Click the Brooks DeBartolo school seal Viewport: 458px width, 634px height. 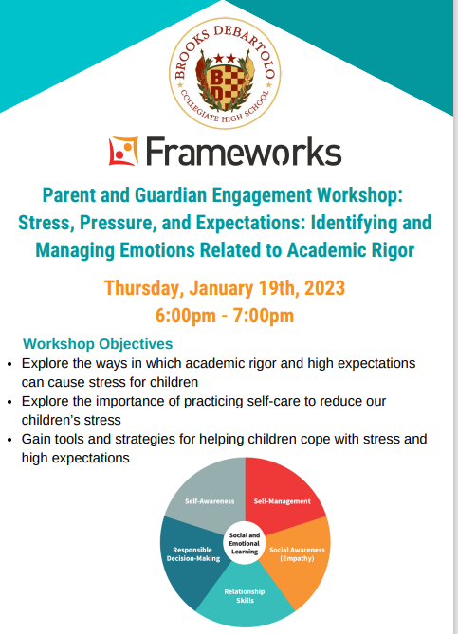225,73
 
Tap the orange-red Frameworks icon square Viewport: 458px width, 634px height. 123,151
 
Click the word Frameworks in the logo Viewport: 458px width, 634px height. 244,152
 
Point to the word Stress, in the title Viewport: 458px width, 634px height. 46,223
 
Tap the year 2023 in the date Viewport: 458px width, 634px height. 324,288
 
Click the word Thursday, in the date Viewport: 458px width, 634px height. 143,289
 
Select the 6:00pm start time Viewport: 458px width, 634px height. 185,316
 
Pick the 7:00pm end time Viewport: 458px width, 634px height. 264,316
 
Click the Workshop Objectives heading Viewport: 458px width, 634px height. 98,344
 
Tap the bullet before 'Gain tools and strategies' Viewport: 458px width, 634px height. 10,440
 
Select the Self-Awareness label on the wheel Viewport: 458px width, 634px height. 210,501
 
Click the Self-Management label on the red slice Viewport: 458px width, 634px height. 282,501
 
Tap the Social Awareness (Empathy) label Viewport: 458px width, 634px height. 297,554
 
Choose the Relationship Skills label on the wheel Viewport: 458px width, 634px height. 245,596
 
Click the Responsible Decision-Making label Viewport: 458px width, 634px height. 193,554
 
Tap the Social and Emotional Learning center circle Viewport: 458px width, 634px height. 245,543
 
